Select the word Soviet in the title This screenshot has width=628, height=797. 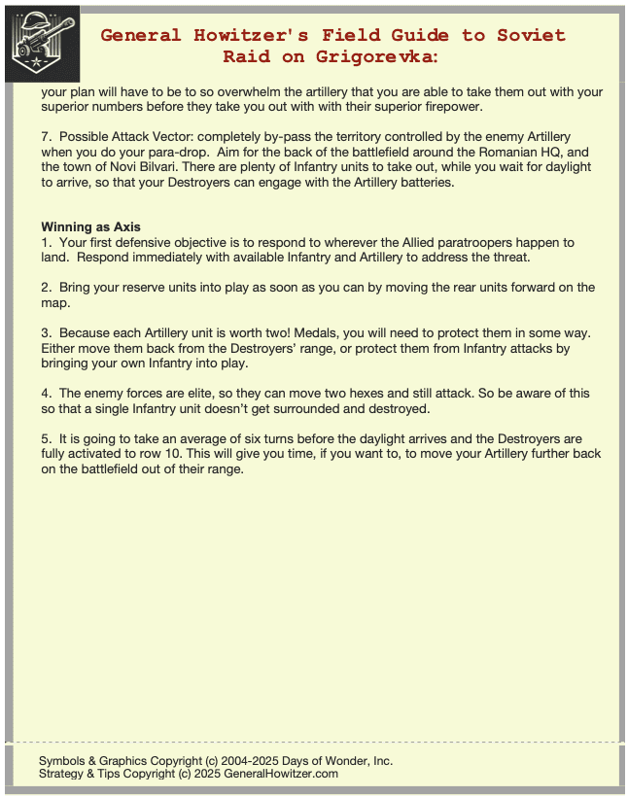(x=531, y=35)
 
